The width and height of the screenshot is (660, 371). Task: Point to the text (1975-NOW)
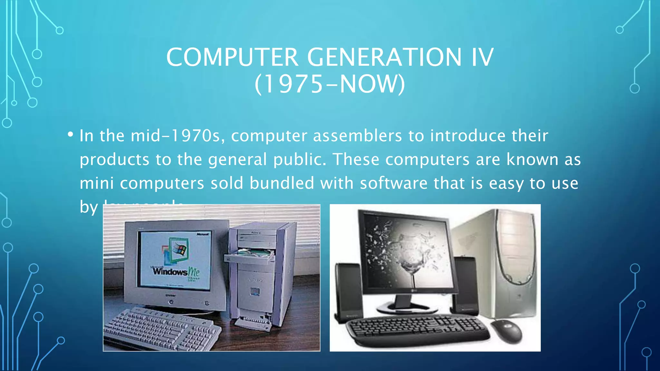330,84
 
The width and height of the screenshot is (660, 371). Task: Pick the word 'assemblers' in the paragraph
357,136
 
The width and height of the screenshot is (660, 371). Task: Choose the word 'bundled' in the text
282,183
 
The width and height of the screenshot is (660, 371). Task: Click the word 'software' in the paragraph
393,183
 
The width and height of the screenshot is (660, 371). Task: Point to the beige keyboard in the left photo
161,328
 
